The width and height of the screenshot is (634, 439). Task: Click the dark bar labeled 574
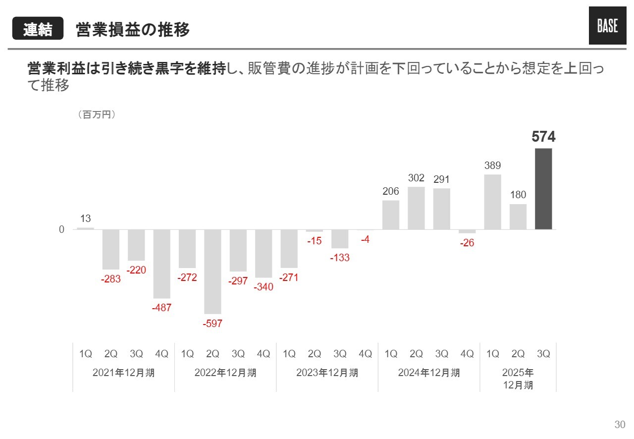pos(543,189)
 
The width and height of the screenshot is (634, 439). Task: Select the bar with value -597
pos(212,272)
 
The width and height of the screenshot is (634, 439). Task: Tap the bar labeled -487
pos(161,264)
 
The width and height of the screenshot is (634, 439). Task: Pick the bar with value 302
pos(416,208)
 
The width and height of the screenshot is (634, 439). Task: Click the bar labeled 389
pos(492,202)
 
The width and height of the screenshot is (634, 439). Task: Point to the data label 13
pos(85,219)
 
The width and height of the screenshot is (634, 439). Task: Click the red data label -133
pos(339,258)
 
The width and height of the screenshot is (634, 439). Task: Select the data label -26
pos(467,243)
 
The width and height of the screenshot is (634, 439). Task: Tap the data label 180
pos(518,195)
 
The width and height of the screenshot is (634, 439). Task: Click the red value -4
pos(365,240)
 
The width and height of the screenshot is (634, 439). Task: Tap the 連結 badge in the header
pos(38,30)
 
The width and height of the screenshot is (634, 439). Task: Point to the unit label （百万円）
pos(97,114)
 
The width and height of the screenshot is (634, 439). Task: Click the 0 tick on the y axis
pos(62,230)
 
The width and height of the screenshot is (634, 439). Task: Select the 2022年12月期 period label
pos(225,373)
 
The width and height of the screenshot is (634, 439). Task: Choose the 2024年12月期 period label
pos(429,373)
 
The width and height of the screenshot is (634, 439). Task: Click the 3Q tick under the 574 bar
pos(543,354)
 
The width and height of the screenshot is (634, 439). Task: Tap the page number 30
pos(620,425)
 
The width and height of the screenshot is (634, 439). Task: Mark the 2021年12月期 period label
pos(123,373)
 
